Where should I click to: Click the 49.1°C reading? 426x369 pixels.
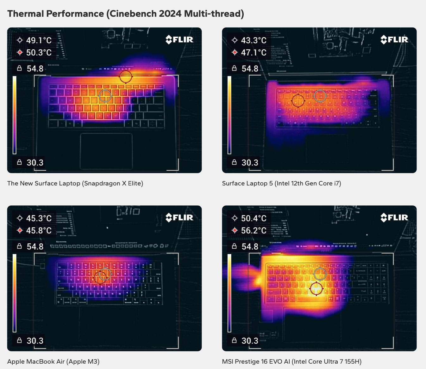[x=39, y=40]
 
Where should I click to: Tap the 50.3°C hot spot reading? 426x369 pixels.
[x=39, y=52]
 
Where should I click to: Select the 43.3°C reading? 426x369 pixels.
[x=254, y=40]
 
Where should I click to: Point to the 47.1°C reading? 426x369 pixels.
[x=254, y=52]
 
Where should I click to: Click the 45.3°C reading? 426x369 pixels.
[x=39, y=218]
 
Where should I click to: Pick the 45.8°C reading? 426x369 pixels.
[x=39, y=231]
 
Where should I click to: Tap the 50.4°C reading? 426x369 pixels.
[x=254, y=218]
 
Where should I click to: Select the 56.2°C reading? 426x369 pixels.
[x=254, y=231]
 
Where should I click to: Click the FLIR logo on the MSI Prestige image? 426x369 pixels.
[x=394, y=218]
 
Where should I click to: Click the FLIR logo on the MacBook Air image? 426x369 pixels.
[x=179, y=218]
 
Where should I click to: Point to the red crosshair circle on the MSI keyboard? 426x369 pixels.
[x=316, y=288]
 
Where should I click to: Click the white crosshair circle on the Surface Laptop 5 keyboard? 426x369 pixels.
[x=320, y=95]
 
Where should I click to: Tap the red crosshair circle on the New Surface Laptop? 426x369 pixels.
[x=126, y=76]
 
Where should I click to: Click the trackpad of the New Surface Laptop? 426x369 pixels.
[x=106, y=151]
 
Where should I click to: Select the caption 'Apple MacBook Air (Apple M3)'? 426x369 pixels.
[x=53, y=361]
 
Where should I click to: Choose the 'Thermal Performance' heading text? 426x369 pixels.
[x=55, y=14]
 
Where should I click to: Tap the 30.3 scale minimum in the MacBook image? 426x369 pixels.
[x=35, y=341]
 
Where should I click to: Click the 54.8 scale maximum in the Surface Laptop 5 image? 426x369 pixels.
[x=250, y=69]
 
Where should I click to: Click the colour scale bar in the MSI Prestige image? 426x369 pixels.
[x=229, y=293]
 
